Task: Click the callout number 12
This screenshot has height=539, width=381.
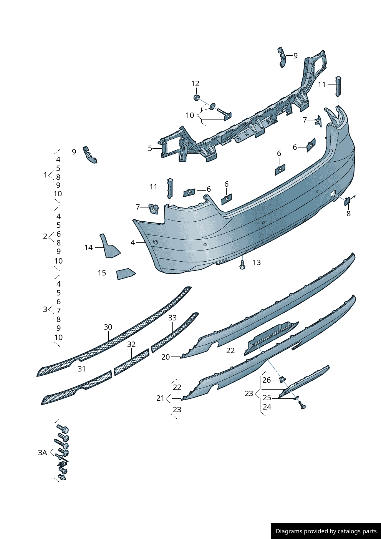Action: point(195,83)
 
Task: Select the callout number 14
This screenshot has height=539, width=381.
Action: point(88,247)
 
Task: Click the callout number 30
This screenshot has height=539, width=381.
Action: point(108,327)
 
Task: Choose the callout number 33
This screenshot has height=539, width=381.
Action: point(172,318)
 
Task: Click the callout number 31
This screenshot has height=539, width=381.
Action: point(81,369)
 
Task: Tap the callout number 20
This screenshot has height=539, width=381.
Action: point(166,357)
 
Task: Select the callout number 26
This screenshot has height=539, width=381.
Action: point(267,380)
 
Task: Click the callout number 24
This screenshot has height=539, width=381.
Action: point(267,407)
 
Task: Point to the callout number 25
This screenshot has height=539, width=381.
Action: point(267,398)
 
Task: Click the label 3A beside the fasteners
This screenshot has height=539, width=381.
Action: point(43,453)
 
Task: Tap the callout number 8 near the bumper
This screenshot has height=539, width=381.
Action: point(348,214)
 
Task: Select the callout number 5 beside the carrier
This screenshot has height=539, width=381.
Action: point(150,148)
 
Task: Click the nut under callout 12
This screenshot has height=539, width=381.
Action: point(197,98)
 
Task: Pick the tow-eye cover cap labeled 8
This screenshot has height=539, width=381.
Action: point(347,201)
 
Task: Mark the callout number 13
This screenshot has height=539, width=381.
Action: point(257,262)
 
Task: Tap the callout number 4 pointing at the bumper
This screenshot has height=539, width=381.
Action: point(133,242)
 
